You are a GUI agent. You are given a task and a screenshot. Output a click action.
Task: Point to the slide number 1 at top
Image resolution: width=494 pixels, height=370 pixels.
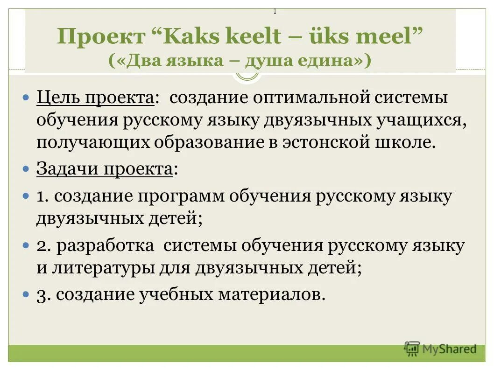pos(275,12)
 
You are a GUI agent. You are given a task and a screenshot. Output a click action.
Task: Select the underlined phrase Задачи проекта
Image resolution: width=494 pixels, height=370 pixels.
pos(105,169)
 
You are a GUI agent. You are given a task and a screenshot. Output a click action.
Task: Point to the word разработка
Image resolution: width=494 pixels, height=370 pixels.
pos(105,246)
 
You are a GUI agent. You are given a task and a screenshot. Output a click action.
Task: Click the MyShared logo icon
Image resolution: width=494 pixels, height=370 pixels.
pos(412,348)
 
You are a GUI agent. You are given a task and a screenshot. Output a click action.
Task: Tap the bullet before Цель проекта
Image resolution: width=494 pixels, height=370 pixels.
pos(27,98)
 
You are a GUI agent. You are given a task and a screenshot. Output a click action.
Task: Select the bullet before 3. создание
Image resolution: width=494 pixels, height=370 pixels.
pos(27,295)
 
